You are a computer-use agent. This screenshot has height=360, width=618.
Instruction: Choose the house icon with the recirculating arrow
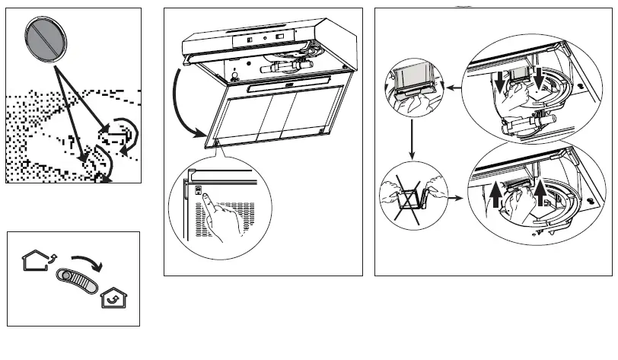(x=114, y=298)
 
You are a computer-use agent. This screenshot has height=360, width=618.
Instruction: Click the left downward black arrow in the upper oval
(x=499, y=84)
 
